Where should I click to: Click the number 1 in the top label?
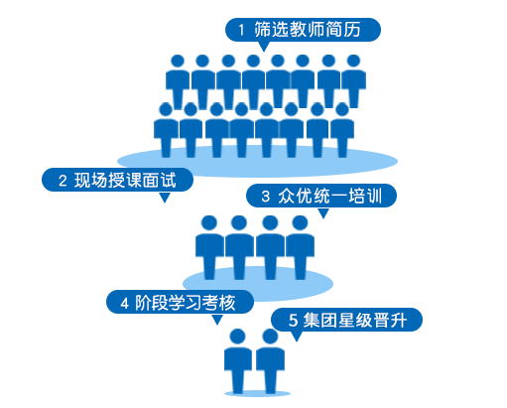point(241,30)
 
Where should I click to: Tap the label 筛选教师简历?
point(308,30)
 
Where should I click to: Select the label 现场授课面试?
point(125,181)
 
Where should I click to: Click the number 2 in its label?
point(63,181)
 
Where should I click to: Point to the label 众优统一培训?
point(330,196)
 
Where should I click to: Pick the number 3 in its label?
point(266,197)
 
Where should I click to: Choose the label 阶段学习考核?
point(186,303)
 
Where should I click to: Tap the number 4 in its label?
point(124,303)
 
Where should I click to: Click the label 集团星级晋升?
point(355,320)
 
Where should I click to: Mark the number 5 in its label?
point(293,321)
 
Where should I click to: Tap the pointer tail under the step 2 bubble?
point(165,198)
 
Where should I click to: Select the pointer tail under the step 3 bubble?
point(323,213)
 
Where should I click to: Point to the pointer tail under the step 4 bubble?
point(217,320)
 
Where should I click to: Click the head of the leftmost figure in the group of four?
point(209,223)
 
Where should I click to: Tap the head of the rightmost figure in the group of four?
point(300,223)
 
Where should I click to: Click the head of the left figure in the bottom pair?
point(237,337)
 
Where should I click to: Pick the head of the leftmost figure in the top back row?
point(178,62)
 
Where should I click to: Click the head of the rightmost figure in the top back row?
point(353,62)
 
